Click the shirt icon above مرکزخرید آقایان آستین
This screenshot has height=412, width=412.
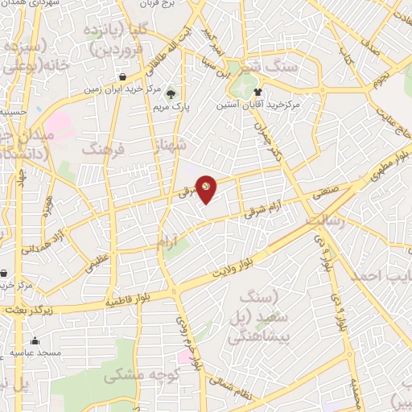[257, 92]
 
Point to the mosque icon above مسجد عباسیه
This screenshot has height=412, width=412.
[35, 341]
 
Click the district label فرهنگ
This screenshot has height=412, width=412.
[105, 150]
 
